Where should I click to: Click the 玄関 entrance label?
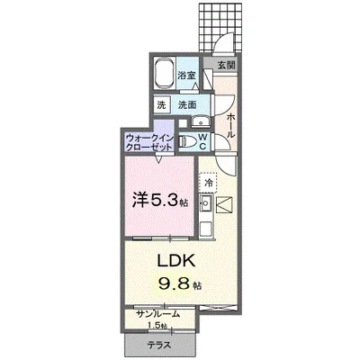(226, 66)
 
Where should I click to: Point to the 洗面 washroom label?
(186, 105)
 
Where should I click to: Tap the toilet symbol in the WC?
(187, 140)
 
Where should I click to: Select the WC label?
(203, 140)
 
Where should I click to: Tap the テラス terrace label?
(162, 346)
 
